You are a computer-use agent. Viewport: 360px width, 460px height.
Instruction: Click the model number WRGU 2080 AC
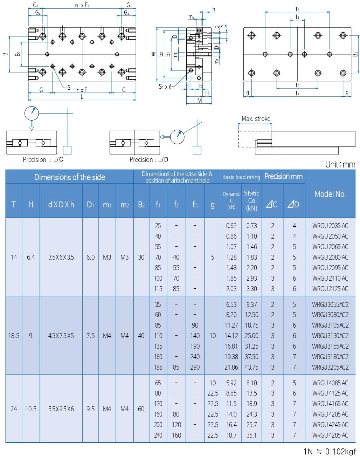click(330, 257)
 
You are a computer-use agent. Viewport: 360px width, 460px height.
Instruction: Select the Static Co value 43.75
click(251, 367)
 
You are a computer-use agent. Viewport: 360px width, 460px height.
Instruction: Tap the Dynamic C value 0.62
click(231, 226)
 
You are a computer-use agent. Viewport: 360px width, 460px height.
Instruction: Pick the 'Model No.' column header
click(330, 194)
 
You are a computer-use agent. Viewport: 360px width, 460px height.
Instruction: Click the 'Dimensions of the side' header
click(69, 177)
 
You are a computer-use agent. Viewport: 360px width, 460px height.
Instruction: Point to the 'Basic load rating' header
click(241, 177)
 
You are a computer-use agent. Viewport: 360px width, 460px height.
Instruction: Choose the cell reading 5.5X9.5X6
click(61, 409)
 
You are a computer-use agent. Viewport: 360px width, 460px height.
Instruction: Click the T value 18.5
click(14, 336)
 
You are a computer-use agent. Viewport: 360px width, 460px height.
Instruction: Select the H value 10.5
click(31, 409)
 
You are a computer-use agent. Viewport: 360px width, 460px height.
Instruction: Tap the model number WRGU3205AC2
click(330, 367)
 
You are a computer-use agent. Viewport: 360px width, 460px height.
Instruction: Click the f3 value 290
click(195, 367)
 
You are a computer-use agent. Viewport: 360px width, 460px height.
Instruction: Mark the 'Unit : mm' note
click(340, 164)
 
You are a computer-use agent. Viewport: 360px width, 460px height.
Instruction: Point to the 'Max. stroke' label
click(256, 119)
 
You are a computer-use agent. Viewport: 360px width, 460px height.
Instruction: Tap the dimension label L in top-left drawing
click(82, 97)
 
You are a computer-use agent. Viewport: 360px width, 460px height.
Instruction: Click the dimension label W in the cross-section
click(153, 54)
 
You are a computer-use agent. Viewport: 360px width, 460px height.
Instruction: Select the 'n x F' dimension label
click(82, 90)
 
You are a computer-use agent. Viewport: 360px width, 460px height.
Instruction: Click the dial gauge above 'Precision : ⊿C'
click(32, 113)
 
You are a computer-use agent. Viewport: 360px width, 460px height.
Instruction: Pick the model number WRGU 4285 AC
click(330, 435)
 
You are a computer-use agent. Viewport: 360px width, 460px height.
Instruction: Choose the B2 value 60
click(141, 409)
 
